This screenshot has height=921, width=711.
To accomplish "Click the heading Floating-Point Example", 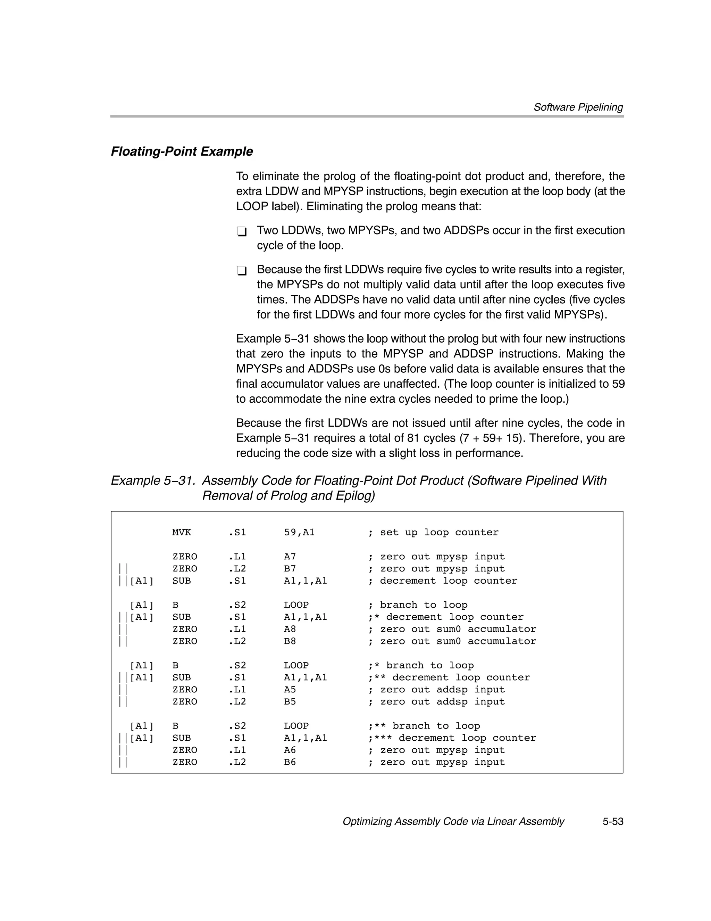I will point(182,151).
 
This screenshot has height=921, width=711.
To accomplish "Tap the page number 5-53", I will point(612,822).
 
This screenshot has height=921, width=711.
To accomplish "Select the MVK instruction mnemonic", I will point(181,533).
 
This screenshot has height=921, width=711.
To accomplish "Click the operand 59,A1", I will point(299,533).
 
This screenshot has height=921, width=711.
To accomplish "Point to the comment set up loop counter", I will point(439,533).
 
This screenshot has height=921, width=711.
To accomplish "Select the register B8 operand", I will point(290,641).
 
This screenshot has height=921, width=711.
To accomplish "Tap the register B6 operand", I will point(290,762).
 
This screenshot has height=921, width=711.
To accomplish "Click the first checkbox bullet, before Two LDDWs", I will point(241,231).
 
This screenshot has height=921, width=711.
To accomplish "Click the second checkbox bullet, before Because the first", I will point(241,270).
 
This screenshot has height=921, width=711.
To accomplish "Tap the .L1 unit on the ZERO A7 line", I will point(237,557).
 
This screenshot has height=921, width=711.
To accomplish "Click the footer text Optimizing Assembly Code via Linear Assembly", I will point(453,822).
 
